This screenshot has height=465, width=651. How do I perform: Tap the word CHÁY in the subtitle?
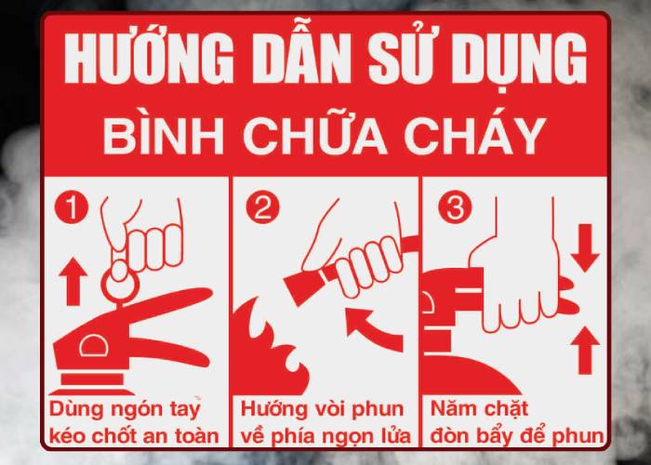pyautogui.click(x=469, y=138)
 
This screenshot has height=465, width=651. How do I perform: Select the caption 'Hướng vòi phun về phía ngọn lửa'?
pyautogui.click(x=323, y=422)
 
